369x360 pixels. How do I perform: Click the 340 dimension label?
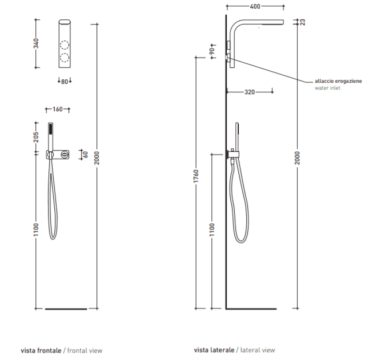click(x=36, y=43)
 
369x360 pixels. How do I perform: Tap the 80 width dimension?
click(x=65, y=82)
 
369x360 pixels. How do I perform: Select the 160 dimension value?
click(x=58, y=110)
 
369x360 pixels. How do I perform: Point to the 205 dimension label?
click(x=36, y=137)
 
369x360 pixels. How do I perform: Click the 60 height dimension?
click(x=86, y=155)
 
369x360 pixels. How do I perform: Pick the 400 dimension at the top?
click(x=255, y=6)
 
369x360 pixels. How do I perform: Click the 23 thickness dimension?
click(x=303, y=22)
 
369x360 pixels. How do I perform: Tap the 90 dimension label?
click(x=212, y=51)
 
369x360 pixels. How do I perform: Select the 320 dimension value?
click(x=250, y=92)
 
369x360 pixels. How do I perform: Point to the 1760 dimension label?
click(x=196, y=176)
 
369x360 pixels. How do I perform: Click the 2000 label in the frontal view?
click(x=97, y=158)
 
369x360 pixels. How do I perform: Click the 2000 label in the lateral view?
click(x=298, y=158)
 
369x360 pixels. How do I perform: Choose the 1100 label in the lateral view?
click(x=212, y=230)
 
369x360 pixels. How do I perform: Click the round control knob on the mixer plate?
click(x=64, y=155)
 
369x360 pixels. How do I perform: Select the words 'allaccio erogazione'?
click(x=338, y=81)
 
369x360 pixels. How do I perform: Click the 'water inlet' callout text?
click(x=327, y=88)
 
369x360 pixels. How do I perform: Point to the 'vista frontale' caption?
click(x=41, y=351)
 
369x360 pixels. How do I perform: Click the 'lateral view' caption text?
click(x=258, y=350)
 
